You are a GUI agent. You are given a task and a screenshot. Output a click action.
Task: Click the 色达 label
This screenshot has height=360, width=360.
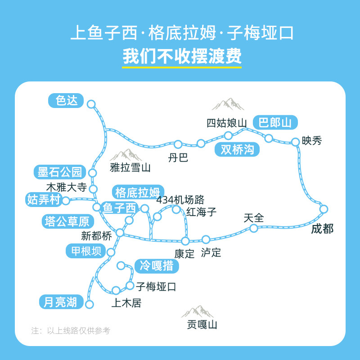point(67,100)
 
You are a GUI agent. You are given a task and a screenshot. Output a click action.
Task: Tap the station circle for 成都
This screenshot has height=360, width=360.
point(324,209)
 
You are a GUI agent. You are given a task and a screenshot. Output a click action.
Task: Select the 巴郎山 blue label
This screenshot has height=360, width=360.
point(275,122)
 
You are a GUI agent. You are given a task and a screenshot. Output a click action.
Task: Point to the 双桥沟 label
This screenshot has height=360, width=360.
point(237,149)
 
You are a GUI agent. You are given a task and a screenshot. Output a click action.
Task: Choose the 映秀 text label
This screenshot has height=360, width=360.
point(312,141)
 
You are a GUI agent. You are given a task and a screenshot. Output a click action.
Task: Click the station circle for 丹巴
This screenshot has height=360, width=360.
point(178,144)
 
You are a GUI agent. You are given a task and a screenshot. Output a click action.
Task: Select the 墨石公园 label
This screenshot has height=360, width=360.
point(59,172)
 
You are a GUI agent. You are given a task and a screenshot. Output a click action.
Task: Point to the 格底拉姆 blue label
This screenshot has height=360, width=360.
point(138,193)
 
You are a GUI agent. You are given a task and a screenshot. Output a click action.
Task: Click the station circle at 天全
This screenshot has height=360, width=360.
point(254,228)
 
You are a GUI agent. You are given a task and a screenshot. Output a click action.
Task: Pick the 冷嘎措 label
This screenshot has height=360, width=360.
point(157,266)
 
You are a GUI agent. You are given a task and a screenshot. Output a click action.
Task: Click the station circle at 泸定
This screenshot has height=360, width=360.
point(206,239)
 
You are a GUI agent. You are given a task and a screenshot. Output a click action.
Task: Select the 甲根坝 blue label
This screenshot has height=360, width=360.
point(86,251)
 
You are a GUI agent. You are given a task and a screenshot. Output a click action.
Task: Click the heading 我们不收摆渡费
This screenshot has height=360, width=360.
point(182,58)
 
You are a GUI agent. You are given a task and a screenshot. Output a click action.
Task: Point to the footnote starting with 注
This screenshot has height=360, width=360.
point(70,330)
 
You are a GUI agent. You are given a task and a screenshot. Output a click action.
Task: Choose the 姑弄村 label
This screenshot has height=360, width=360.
point(44,199)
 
